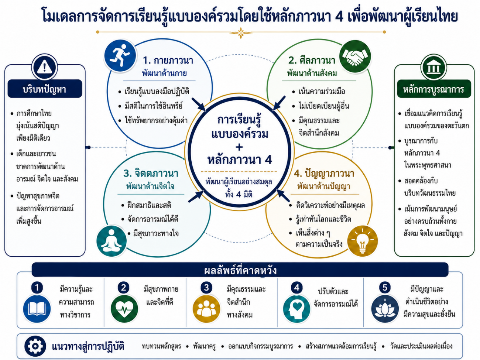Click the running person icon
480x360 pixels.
120,55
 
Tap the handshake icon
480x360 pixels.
355,56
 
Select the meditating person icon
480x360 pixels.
112,241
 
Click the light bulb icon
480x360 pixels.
362,241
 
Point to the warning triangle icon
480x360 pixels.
44,67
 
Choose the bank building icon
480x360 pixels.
433,67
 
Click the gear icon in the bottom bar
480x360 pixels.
35,346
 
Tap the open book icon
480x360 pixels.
37,309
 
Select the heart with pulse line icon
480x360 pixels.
124,309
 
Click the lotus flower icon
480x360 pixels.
385,309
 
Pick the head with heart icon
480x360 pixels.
296,309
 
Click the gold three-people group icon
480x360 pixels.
206,309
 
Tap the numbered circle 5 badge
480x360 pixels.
385,287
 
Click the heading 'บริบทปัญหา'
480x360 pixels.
45,89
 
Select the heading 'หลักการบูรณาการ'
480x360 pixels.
434,89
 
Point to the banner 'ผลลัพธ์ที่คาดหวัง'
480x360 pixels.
240,270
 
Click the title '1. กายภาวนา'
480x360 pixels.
168,61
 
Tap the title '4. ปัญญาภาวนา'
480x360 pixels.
324,174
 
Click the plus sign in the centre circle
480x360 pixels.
239,147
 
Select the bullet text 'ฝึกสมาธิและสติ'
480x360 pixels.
150,205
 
